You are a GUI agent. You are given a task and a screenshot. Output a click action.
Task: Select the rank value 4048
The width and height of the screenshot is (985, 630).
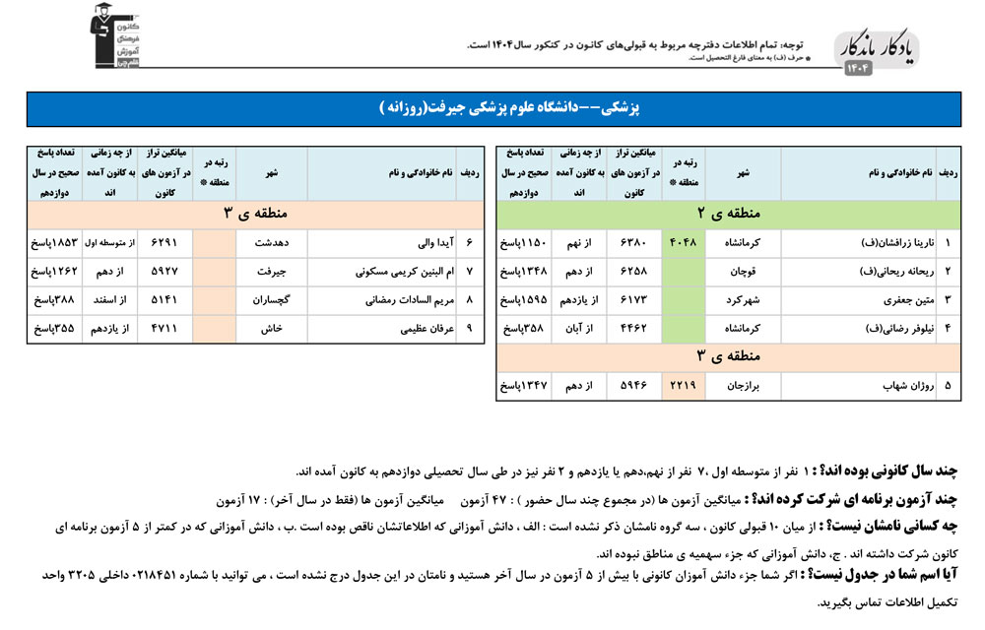coord(687,241)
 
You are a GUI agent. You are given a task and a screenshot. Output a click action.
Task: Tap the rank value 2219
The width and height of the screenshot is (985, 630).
coord(687,387)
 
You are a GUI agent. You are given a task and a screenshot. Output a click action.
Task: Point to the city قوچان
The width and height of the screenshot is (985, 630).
coord(742,270)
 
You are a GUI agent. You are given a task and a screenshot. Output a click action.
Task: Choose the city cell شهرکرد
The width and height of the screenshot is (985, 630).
coord(740,298)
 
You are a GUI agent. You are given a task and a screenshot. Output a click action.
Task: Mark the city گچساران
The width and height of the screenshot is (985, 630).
coord(269,299)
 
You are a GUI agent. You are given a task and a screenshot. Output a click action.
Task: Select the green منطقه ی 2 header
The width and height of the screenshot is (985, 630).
coord(728,213)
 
